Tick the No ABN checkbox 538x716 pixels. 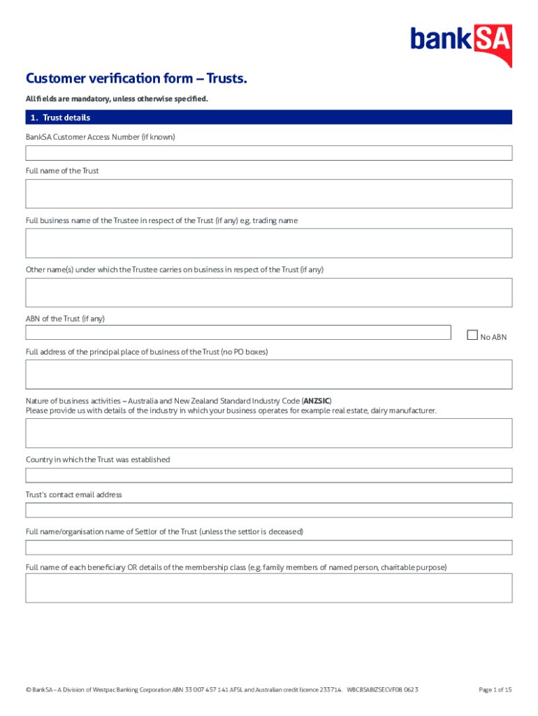[x=472, y=335]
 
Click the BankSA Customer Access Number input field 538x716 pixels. [x=269, y=153]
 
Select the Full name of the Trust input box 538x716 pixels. [x=269, y=194]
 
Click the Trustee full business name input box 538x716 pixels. [x=269, y=243]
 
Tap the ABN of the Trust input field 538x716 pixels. [x=238, y=332]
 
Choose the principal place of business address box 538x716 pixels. [x=269, y=374]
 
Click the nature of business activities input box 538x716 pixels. [x=269, y=433]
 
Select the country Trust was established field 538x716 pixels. [x=269, y=475]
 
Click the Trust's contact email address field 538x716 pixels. [x=269, y=510]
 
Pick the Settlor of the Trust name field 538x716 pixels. [x=269, y=547]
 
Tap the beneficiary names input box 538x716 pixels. [x=269, y=588]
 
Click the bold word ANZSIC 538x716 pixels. [x=317, y=401]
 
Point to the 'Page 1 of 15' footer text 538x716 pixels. [x=495, y=689]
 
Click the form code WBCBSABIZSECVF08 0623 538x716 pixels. [x=382, y=689]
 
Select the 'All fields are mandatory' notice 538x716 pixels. [x=117, y=99]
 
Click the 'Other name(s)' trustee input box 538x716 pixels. [x=269, y=293]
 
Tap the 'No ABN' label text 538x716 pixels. [x=493, y=337]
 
